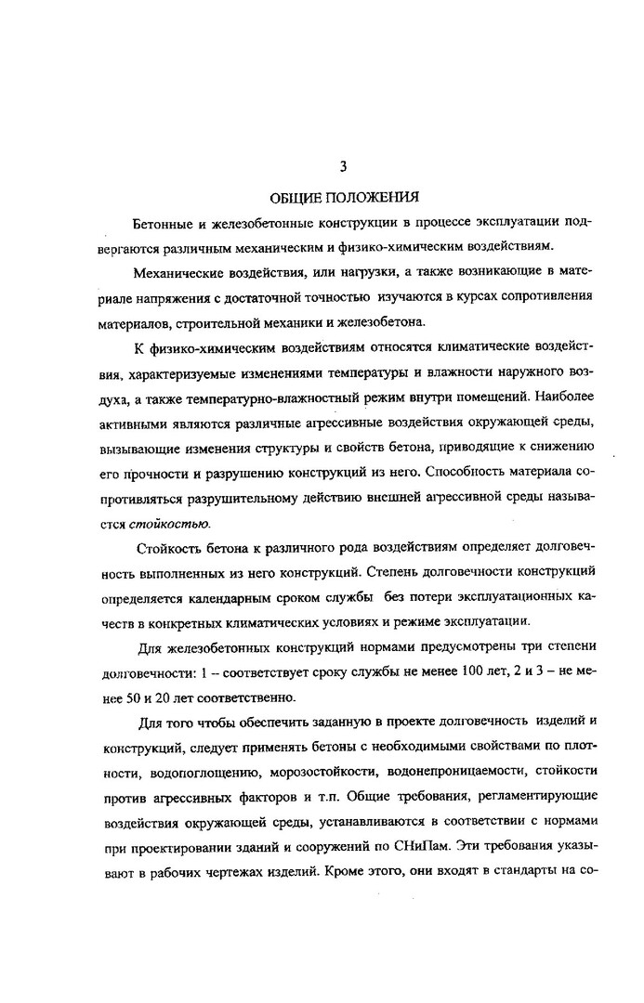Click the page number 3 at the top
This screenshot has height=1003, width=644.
(343, 167)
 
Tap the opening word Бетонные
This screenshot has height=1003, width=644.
(163, 225)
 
